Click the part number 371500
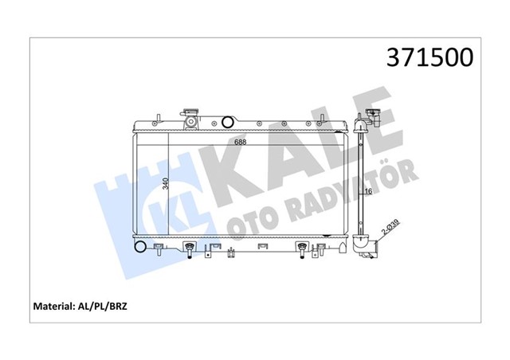tap(429, 58)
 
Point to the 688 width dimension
tap(240, 143)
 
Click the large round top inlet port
tap(229, 123)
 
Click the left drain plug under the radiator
tap(190, 252)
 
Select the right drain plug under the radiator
tap(303, 252)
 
